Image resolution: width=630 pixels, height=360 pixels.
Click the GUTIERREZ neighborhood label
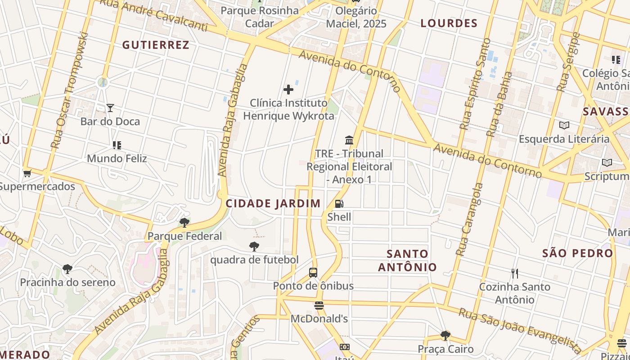click(155, 45)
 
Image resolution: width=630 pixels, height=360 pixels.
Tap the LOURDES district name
click(449, 23)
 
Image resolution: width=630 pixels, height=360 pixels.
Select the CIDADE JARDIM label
click(273, 203)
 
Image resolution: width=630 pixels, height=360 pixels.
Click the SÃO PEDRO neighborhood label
click(578, 253)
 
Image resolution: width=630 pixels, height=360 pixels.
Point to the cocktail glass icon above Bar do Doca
click(110, 108)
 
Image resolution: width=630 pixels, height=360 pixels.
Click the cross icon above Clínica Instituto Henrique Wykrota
click(288, 90)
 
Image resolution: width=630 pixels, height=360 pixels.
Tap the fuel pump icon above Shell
click(339, 204)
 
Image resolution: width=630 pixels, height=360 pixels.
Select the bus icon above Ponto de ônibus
click(313, 273)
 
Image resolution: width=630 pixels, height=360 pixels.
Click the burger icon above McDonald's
click(319, 306)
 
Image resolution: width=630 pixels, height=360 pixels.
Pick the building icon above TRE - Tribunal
click(349, 140)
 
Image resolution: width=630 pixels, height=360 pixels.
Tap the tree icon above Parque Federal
click(184, 223)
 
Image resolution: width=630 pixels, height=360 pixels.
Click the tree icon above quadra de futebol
click(254, 247)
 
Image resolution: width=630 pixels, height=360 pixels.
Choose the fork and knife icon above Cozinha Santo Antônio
click(515, 273)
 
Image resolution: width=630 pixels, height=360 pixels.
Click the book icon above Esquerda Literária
click(564, 126)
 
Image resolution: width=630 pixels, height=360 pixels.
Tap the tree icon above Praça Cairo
click(445, 336)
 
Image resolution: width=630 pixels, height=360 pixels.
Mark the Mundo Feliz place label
click(117, 158)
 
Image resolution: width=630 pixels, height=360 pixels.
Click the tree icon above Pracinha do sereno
click(67, 269)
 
